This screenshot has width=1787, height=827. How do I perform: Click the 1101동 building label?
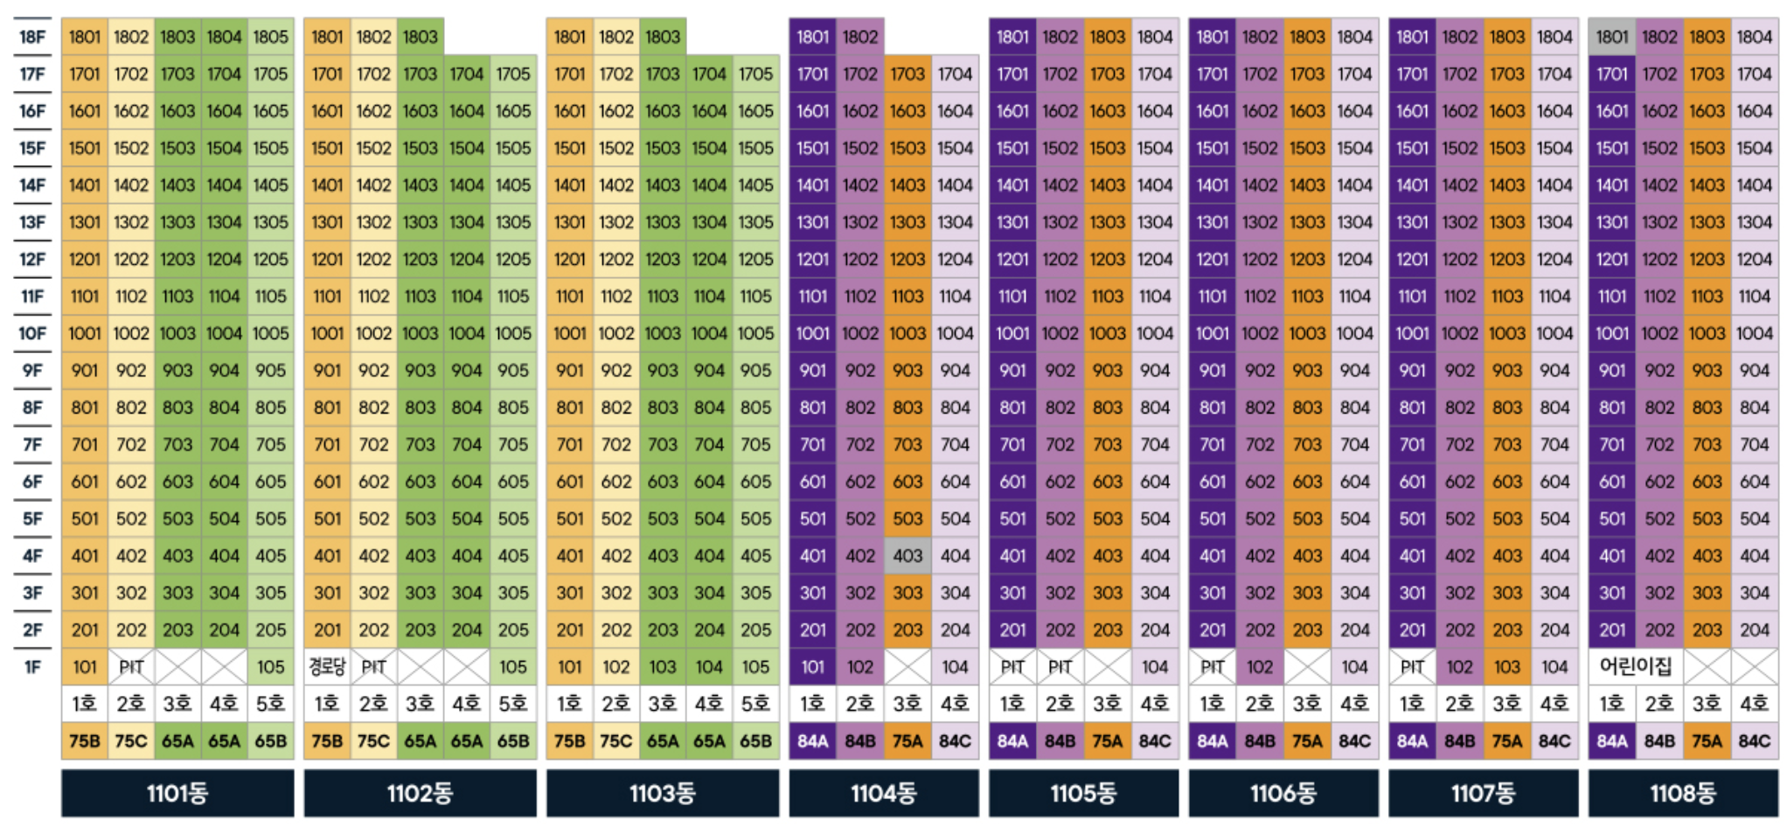(177, 793)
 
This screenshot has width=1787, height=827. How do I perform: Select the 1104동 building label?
(884, 793)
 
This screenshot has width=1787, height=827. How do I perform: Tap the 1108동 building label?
(1683, 793)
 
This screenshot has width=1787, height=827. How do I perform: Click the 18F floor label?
(32, 37)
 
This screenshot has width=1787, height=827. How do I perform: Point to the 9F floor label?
(32, 371)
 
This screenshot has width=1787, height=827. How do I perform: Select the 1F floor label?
(32, 667)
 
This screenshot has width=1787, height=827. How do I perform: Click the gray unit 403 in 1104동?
(907, 556)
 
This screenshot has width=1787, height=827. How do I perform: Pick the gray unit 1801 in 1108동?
(1612, 37)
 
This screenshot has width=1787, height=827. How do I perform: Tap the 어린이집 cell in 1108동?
(1636, 667)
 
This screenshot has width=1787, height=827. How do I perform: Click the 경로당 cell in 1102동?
(327, 667)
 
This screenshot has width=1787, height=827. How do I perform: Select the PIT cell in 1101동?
(131, 667)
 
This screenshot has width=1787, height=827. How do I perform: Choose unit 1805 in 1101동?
(271, 37)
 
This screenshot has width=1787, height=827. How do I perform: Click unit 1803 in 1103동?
(663, 37)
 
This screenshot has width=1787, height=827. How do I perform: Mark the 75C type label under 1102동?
(373, 741)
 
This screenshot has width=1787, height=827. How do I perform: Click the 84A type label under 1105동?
(1012, 741)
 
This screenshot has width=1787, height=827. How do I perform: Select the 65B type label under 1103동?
(755, 741)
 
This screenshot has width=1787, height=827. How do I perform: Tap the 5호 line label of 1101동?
(271, 704)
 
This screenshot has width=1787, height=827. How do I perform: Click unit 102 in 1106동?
(1260, 667)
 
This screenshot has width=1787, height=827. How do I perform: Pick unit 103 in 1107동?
(1507, 667)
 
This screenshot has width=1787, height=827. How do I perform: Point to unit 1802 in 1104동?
(860, 37)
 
